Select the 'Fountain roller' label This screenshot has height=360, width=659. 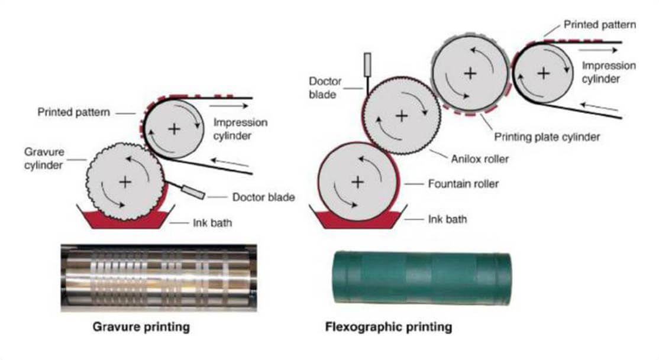click(x=463, y=184)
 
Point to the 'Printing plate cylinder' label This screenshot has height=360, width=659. click(x=547, y=137)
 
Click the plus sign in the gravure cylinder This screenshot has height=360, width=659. click(x=125, y=181)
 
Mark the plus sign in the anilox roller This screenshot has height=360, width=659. click(x=401, y=115)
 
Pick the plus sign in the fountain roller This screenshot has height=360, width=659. click(x=357, y=181)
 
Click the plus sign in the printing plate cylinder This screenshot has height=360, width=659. click(x=470, y=73)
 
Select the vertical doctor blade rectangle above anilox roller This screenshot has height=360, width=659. click(x=368, y=63)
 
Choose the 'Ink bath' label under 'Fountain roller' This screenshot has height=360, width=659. click(x=447, y=219)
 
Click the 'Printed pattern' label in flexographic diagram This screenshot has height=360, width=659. click(x=599, y=25)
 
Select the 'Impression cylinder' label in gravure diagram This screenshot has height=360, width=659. click(x=241, y=129)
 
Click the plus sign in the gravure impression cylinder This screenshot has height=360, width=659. click(x=173, y=128)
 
